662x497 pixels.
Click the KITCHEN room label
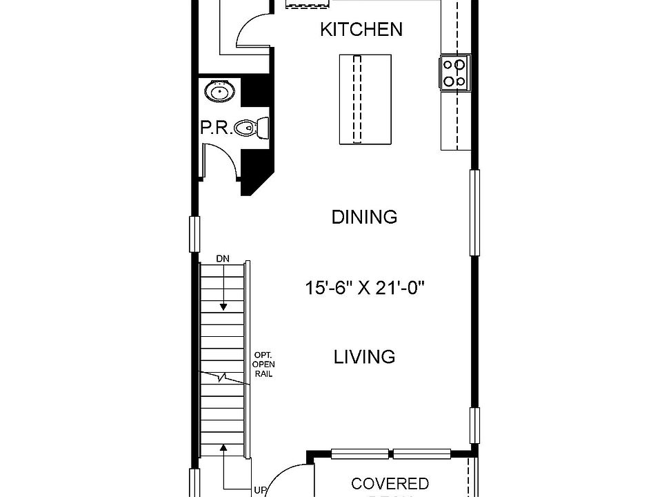(361, 30)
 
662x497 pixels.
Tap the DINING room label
(364, 217)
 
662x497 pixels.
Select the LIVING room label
(364, 357)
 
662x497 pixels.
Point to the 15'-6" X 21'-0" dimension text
(364, 287)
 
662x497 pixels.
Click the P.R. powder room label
(214, 128)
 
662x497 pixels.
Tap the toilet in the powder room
(251, 128)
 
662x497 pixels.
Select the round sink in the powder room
(220, 91)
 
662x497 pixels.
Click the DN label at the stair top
(222, 259)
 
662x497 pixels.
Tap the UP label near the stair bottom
(260, 491)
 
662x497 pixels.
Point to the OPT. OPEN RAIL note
(263, 364)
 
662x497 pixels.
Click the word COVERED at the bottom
(390, 484)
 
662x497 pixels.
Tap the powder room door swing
(219, 160)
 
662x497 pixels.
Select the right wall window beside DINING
(474, 212)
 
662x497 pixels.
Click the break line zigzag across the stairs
(222, 378)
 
